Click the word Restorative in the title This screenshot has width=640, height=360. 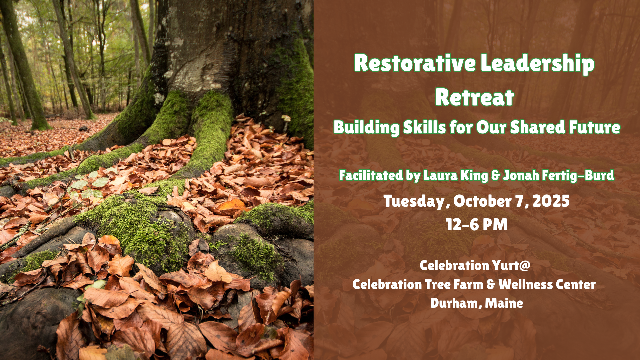[415, 63]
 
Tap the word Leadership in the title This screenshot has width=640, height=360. [538, 64]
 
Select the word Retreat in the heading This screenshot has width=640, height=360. [474, 97]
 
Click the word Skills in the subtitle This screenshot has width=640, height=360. [424, 127]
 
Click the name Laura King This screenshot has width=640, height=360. [456, 175]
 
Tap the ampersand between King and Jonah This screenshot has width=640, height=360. [496, 176]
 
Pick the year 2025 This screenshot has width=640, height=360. [551, 201]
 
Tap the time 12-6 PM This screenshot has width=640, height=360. [477, 224]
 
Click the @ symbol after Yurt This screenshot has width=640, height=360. [524, 266]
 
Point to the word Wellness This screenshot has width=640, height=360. [525, 284]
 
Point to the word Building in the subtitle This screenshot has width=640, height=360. [366, 127]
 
